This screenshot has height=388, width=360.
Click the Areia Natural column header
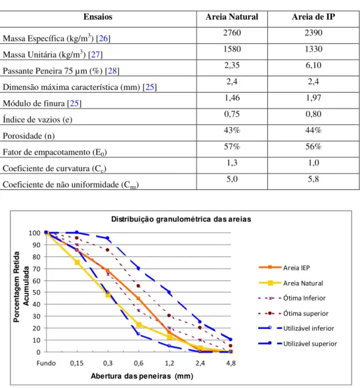click(232, 17)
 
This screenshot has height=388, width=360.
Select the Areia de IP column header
click(313, 17)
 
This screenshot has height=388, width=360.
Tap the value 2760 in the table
click(232, 33)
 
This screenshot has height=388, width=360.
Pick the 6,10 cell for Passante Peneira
click(313, 65)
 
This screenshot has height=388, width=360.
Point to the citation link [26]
click(103, 38)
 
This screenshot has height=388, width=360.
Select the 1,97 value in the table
click(313, 98)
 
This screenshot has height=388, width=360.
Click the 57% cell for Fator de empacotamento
click(232, 147)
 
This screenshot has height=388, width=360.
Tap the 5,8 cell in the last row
click(313, 179)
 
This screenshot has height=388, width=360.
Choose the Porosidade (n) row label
click(29, 136)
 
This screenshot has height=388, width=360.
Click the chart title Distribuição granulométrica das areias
click(181, 219)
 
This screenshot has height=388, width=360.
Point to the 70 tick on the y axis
click(36, 269)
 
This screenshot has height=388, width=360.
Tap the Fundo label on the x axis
click(46, 363)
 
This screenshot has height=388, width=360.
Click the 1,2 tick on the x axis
click(169, 363)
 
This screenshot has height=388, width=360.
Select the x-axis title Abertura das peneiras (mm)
click(142, 376)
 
